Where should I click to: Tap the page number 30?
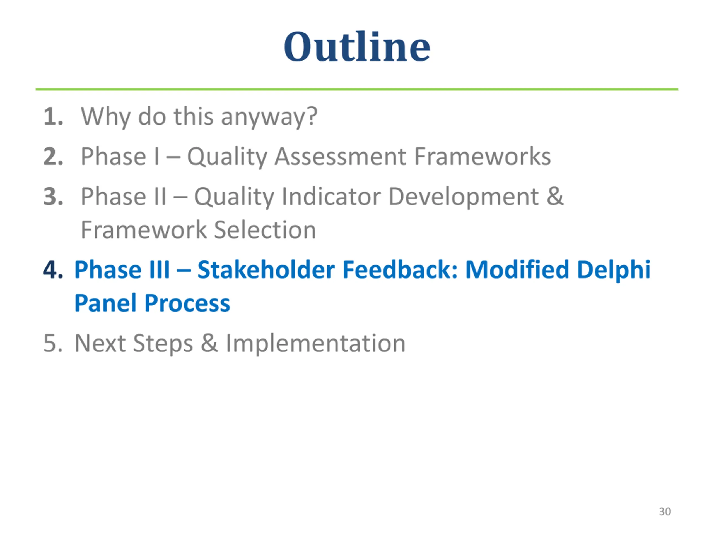tap(665, 511)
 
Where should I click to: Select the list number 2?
tap(53, 156)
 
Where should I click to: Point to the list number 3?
tap(53, 197)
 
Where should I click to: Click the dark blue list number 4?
tap(53, 269)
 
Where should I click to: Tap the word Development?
tap(464, 197)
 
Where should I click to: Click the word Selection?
tap(265, 230)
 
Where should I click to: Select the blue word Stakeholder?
tap(266, 269)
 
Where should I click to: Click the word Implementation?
tap(315, 344)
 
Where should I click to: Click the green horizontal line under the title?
tap(357, 89)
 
